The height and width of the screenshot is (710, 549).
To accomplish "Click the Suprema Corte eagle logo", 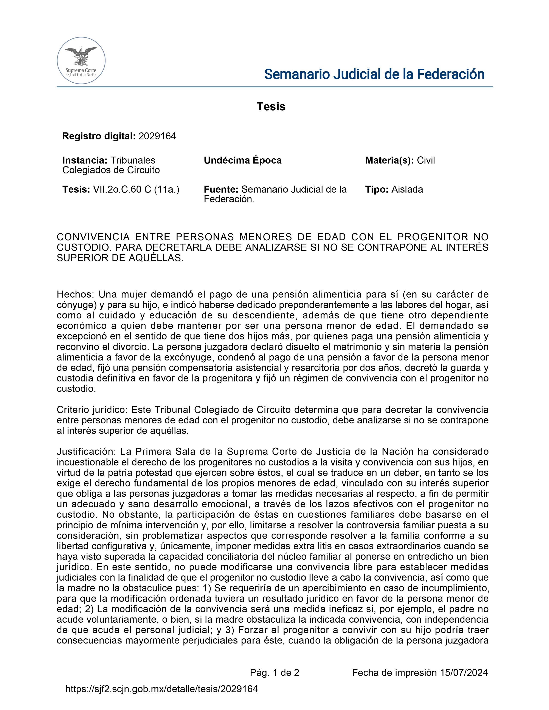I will (x=81, y=60).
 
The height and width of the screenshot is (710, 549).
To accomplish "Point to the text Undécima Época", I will (x=243, y=160).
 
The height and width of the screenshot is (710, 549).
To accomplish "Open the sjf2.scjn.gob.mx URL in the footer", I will (x=162, y=688).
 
